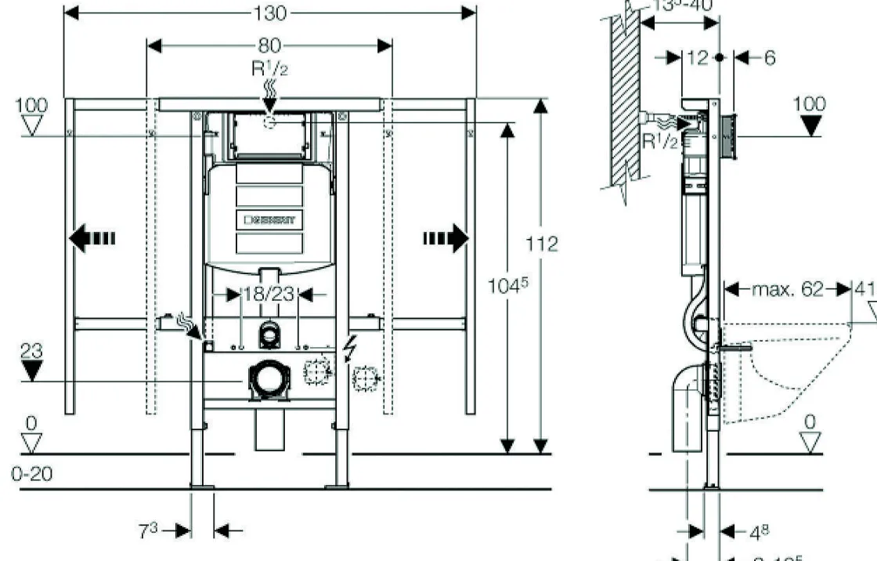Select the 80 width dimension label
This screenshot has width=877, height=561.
click(270, 45)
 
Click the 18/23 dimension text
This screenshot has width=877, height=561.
click(269, 294)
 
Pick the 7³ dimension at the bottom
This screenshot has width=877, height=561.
click(149, 530)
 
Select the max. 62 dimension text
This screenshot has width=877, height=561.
click(787, 289)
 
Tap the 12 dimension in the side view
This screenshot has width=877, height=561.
click(698, 57)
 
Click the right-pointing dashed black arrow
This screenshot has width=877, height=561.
click(446, 238)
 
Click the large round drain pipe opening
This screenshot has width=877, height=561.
click(268, 378)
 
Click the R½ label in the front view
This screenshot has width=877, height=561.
click(269, 69)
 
